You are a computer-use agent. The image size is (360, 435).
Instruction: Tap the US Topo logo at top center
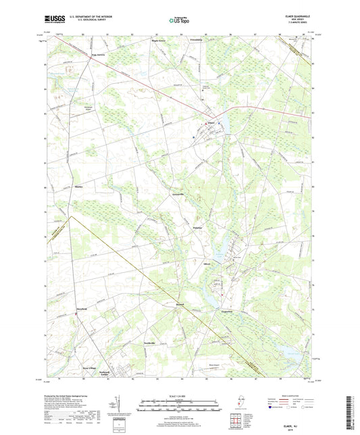[180, 20]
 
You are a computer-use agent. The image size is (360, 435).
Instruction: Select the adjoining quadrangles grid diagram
[236, 421]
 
